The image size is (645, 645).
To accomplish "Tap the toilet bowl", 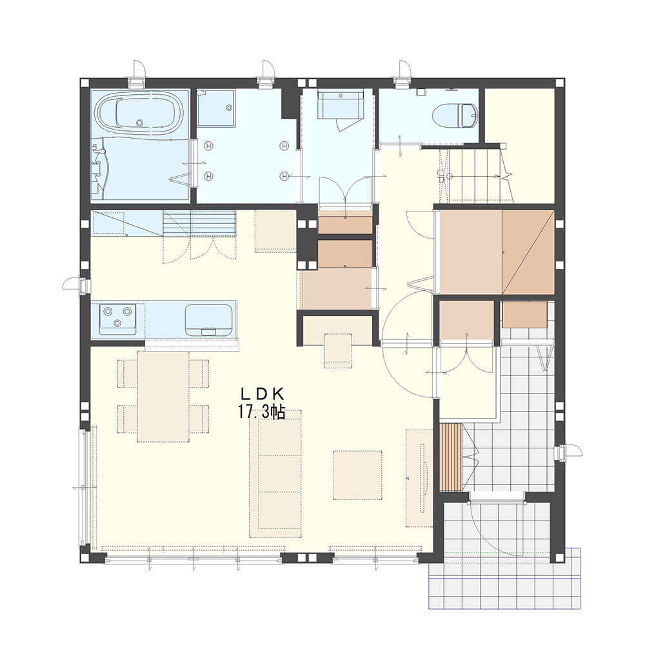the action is (x=456, y=115).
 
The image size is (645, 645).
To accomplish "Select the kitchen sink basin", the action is (x=208, y=320).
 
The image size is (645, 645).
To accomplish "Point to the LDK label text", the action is (x=262, y=394).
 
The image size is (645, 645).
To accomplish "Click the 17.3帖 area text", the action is (x=262, y=412).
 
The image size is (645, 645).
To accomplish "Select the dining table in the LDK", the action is (x=163, y=396).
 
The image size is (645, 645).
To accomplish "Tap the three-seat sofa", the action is (x=275, y=473).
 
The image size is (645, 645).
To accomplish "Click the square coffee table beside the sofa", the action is (x=357, y=475).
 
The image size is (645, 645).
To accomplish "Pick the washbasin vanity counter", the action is (x=340, y=105).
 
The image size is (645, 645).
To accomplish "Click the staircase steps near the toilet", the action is (x=475, y=175).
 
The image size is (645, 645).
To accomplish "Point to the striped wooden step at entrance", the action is (x=451, y=457).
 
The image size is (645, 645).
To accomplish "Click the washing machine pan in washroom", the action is (x=215, y=107).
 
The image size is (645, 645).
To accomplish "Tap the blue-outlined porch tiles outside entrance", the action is (x=504, y=586).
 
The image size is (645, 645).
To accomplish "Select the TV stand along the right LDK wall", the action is (x=419, y=477).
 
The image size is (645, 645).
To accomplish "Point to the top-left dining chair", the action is (x=127, y=373).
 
